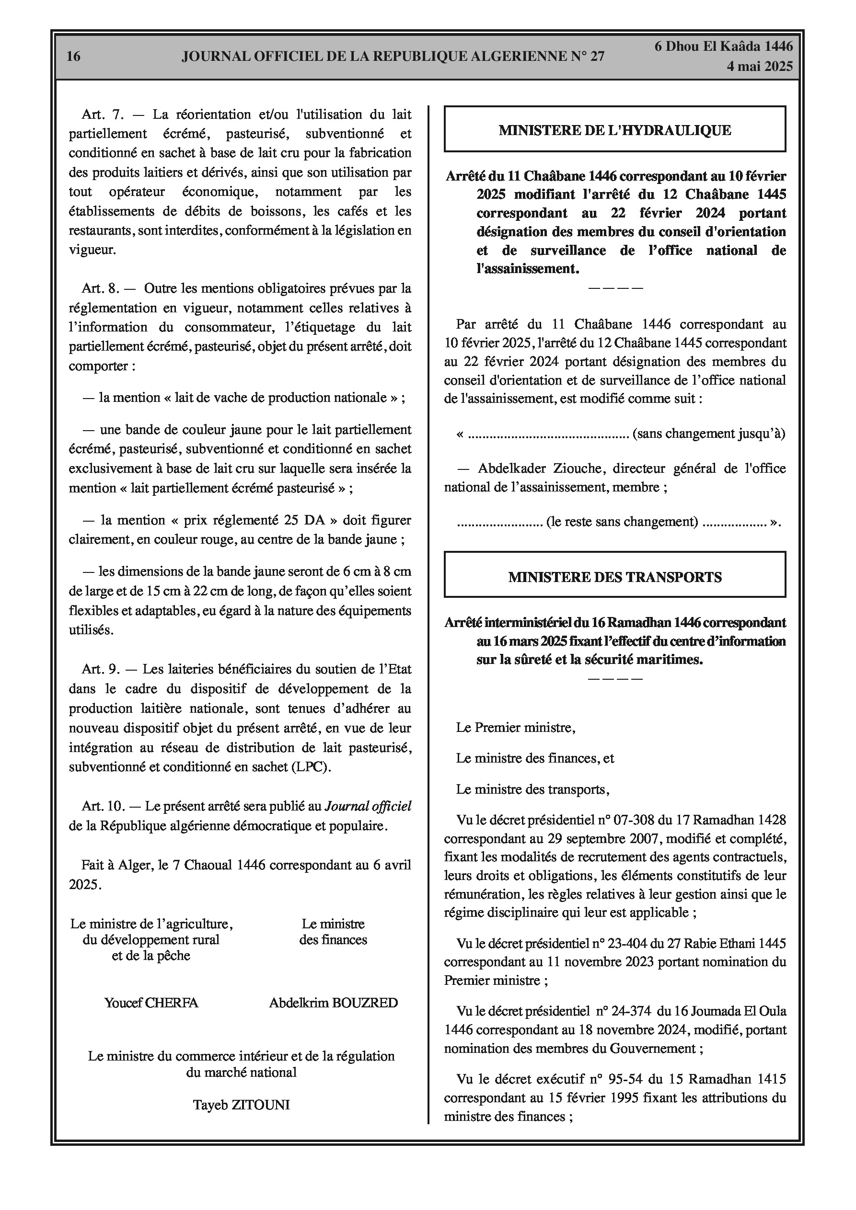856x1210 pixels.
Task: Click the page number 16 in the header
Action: click(73, 57)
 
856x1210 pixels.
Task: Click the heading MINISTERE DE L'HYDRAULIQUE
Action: click(614, 130)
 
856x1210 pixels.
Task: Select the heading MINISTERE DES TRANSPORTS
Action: click(614, 577)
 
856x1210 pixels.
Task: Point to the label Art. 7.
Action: click(102, 114)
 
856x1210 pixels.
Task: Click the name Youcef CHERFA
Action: click(151, 1003)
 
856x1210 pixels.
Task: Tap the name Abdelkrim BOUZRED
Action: click(333, 1003)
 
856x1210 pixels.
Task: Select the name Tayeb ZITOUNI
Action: click(241, 1105)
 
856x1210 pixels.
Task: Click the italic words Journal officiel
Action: click(368, 806)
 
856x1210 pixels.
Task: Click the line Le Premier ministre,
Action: click(515, 728)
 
